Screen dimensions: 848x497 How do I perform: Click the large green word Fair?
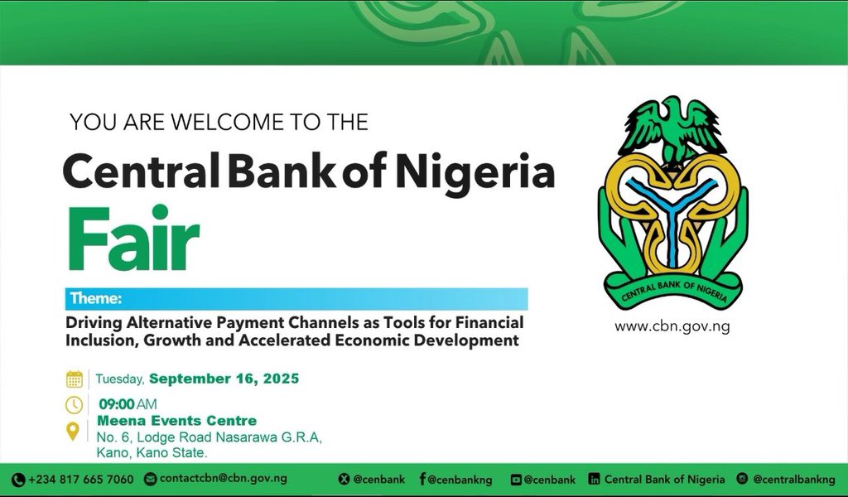[x=133, y=238]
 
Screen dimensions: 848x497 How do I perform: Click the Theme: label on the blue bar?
[x=96, y=298]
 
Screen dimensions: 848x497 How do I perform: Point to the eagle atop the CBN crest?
[x=672, y=130]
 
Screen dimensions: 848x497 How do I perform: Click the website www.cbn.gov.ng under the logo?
[x=672, y=326]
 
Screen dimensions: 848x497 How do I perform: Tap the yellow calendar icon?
[x=75, y=379]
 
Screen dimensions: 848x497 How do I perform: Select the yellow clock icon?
[x=74, y=404]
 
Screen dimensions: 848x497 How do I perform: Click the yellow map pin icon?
[x=73, y=431]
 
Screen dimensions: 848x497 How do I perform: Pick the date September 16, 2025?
[x=224, y=379]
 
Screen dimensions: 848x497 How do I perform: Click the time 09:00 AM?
[x=128, y=404]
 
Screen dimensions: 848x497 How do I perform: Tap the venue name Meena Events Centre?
[x=177, y=420]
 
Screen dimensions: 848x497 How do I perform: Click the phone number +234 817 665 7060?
[x=80, y=479]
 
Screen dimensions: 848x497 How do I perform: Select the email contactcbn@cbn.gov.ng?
[x=224, y=479]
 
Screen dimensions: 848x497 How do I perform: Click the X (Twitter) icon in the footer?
[x=344, y=479]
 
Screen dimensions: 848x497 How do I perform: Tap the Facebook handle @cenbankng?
[x=460, y=479]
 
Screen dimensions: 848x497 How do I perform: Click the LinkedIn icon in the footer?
[x=594, y=479]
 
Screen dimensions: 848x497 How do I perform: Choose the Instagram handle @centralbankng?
[x=794, y=479]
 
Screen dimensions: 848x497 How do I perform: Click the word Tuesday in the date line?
[x=119, y=379]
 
